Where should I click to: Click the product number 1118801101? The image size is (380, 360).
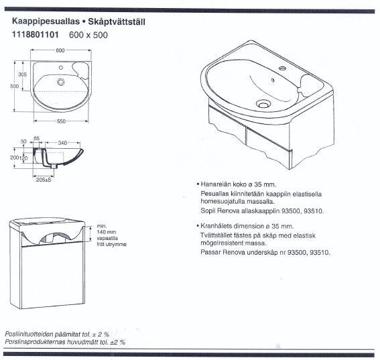[x=36, y=35]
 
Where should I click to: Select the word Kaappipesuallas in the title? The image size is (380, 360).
[x=46, y=21]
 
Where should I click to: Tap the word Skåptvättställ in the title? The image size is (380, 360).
[x=117, y=22]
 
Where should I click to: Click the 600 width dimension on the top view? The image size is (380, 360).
[x=60, y=50]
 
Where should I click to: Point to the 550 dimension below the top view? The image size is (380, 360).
[x=61, y=121]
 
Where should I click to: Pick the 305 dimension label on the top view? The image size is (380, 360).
[x=23, y=74]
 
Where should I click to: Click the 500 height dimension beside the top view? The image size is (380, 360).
[x=14, y=86]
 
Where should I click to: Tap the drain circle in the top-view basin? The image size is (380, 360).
[x=61, y=82]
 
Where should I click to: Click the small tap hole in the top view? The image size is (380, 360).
[x=61, y=68]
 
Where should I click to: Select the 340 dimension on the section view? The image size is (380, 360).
[x=62, y=143]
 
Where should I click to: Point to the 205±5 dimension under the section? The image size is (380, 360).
[x=44, y=180]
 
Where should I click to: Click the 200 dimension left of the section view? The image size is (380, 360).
[x=14, y=158]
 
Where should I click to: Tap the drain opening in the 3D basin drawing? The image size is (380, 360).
[x=263, y=105]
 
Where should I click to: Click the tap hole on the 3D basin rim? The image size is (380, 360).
[x=282, y=68]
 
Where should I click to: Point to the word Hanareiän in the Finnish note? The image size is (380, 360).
[x=216, y=184]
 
